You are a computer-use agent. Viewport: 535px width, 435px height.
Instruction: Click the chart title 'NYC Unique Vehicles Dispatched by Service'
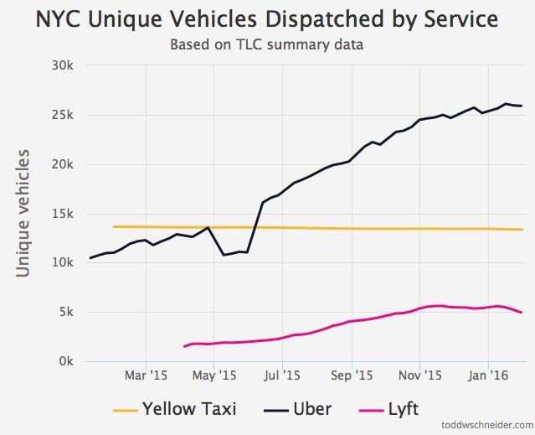tap(267, 19)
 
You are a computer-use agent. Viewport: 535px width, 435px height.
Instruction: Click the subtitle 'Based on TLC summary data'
tap(267, 44)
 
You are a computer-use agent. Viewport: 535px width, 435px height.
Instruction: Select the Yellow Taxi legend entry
tap(174, 409)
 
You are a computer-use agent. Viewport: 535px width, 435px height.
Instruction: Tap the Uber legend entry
tap(300, 409)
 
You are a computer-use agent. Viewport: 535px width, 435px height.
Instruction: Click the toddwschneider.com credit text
tap(485, 426)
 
